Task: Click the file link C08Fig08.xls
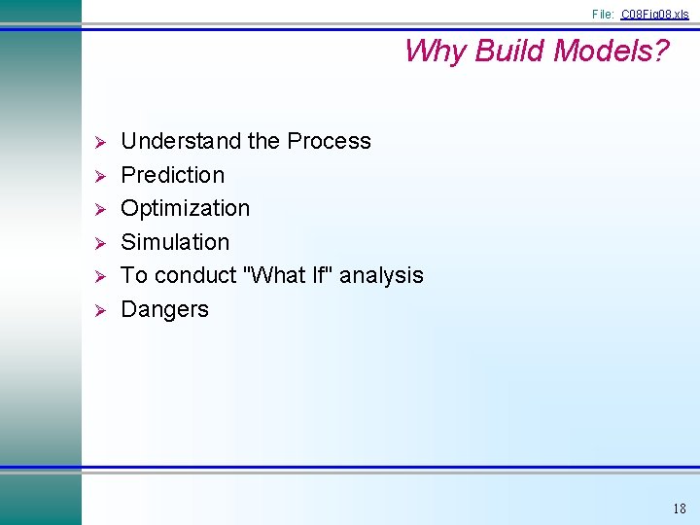point(654,15)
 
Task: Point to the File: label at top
point(603,15)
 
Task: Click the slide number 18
point(679,508)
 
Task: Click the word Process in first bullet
point(329,141)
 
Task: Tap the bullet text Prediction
point(172,175)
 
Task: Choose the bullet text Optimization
point(185,208)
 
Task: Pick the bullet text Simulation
point(175,242)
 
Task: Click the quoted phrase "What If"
point(289,275)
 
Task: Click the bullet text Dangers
point(164,309)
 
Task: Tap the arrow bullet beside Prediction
point(96,176)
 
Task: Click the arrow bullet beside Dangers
point(96,310)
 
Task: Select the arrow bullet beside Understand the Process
point(96,142)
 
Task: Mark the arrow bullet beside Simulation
point(96,243)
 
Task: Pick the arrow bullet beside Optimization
point(96,209)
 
